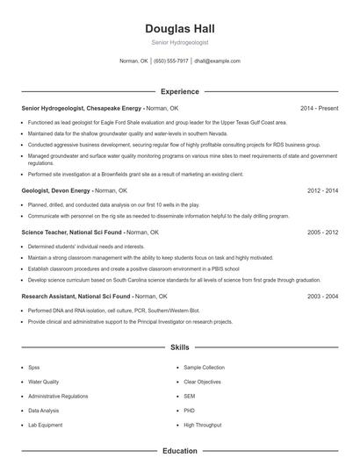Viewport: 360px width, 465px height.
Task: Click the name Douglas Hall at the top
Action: pyautogui.click(x=179, y=27)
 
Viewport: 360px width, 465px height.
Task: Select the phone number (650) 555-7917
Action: pyautogui.click(x=171, y=61)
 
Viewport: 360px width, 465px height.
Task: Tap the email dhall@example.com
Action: pyautogui.click(x=217, y=61)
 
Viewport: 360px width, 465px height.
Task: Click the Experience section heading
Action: pyautogui.click(x=179, y=91)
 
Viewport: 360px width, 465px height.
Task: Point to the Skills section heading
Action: pyautogui.click(x=179, y=348)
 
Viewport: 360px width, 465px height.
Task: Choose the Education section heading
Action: pyautogui.click(x=179, y=451)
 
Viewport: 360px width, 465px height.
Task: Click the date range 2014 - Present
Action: pyautogui.click(x=318, y=108)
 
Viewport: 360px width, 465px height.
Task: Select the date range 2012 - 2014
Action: pyautogui.click(x=322, y=190)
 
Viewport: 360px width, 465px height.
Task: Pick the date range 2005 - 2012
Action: pyautogui.click(x=322, y=232)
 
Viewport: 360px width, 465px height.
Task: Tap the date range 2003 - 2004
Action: pyautogui.click(x=322, y=297)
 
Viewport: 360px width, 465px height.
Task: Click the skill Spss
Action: pyautogui.click(x=34, y=367)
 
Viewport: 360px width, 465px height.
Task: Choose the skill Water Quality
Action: pyautogui.click(x=44, y=382)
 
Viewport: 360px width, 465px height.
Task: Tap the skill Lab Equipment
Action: pyautogui.click(x=46, y=425)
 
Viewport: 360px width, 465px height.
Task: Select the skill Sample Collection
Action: pyautogui.click(x=205, y=367)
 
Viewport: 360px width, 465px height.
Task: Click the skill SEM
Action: pyautogui.click(x=190, y=396)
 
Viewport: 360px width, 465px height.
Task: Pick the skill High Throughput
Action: pyautogui.click(x=203, y=425)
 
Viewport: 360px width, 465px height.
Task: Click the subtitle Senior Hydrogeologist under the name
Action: pyautogui.click(x=179, y=42)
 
